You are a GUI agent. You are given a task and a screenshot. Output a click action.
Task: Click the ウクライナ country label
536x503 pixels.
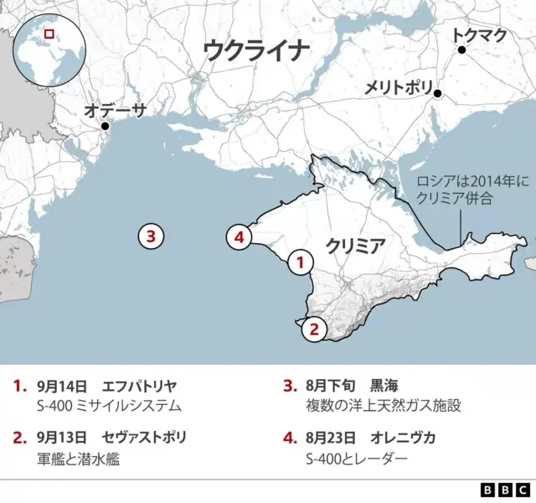point(256,51)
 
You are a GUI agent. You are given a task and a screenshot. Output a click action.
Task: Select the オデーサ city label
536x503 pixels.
point(116,110)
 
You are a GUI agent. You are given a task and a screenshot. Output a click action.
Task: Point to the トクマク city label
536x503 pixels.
point(478,35)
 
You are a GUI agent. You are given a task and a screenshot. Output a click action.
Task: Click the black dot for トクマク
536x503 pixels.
point(461,50)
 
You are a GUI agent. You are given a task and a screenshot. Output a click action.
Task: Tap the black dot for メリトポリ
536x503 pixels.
point(437,95)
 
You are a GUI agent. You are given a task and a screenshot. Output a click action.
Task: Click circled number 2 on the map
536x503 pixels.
point(313,329)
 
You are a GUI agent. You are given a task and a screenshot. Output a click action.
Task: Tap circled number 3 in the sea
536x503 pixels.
point(150,237)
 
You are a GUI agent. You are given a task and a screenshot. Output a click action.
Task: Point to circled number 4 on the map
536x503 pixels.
point(240,238)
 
